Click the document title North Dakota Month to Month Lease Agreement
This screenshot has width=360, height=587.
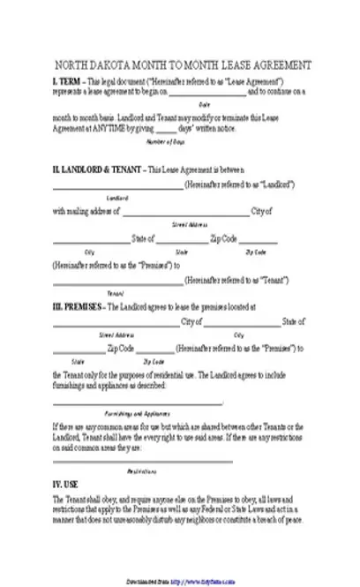point(183,65)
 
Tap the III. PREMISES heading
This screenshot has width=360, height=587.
point(79,307)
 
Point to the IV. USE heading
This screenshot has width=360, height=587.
point(65,484)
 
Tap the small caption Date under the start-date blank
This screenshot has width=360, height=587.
point(204,103)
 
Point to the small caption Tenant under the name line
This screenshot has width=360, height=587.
point(116,292)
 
